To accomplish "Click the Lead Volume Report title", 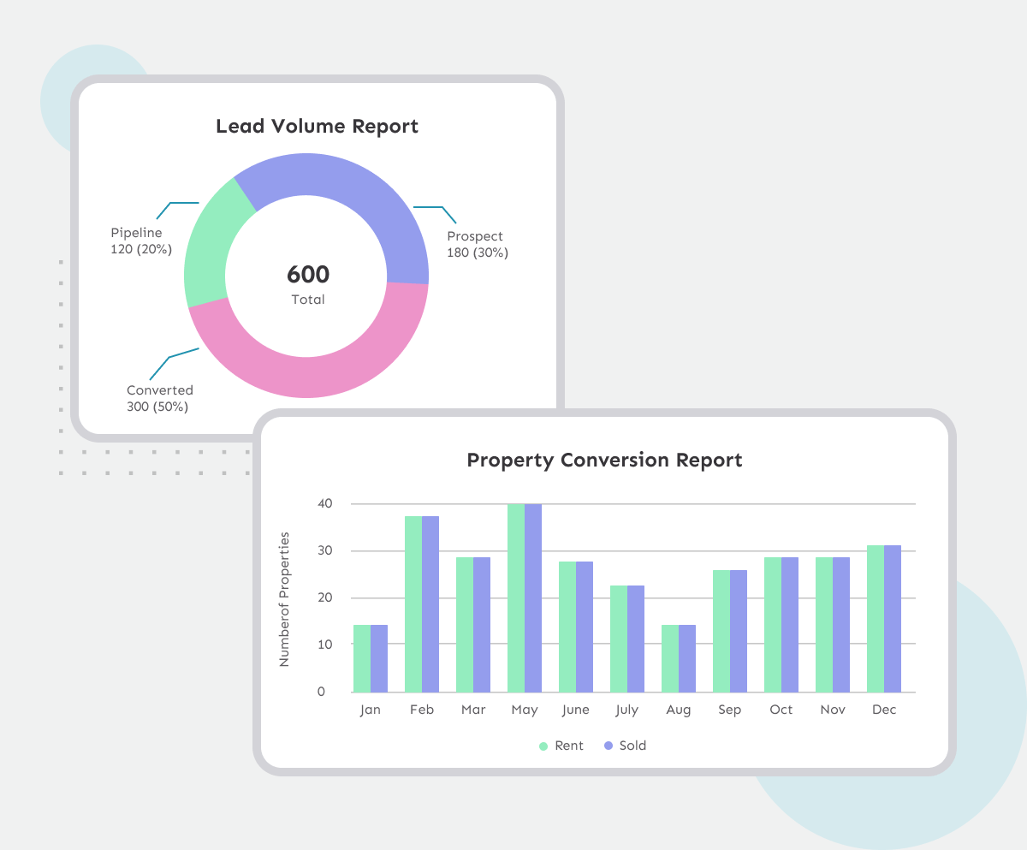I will point(317,127).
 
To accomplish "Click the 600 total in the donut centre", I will point(308,275).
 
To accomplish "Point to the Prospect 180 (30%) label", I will point(477,245).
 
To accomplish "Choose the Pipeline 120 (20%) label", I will point(141,241).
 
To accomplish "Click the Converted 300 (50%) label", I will point(159,398).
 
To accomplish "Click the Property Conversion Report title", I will point(604,460).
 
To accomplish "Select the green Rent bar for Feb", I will point(413,603).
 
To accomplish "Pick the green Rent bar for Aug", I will point(670,658).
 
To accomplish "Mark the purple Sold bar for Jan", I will point(379,658).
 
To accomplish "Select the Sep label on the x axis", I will point(730,710).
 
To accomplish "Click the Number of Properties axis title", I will point(285,599).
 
